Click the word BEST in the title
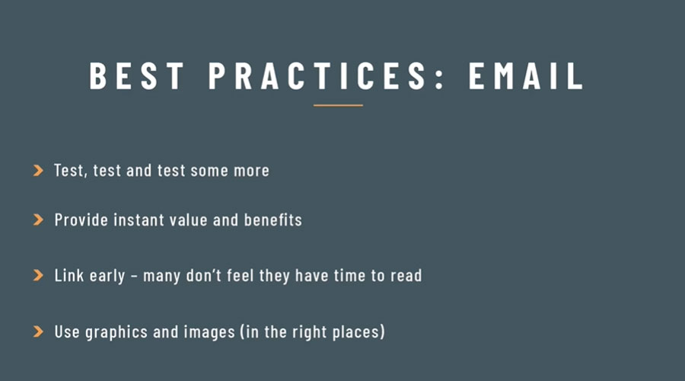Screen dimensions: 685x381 (x=136, y=75)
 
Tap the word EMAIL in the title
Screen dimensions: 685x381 (x=526, y=75)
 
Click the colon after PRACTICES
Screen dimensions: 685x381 (x=439, y=78)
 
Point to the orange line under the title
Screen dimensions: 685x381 (x=338, y=105)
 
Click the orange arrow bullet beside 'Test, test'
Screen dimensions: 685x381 (x=39, y=170)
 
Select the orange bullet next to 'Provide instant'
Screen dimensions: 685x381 (x=39, y=219)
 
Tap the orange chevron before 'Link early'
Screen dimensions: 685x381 (x=39, y=275)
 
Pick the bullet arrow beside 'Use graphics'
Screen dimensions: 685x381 (x=39, y=331)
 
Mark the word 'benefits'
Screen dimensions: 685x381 (x=273, y=219)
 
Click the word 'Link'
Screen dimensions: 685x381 (x=69, y=275)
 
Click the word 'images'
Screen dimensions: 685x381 (x=209, y=332)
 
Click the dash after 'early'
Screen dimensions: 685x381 (x=134, y=277)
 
